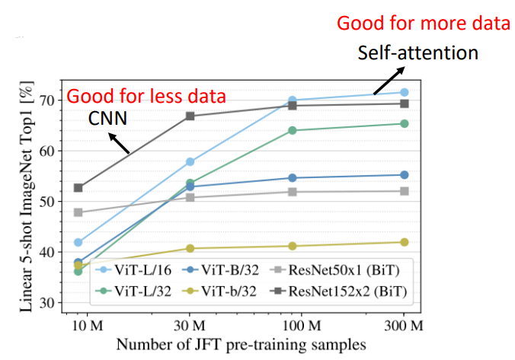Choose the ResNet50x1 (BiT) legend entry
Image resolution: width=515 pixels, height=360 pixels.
349,269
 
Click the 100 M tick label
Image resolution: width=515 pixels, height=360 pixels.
304,326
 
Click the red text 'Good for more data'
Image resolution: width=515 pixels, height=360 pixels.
424,24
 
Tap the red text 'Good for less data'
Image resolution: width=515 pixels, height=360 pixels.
146,97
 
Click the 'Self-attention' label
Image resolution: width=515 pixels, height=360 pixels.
418,53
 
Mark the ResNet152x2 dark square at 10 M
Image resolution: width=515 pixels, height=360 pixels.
78,187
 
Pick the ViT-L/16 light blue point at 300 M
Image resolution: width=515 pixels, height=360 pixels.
405,92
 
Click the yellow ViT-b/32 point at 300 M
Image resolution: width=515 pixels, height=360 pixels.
405,242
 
